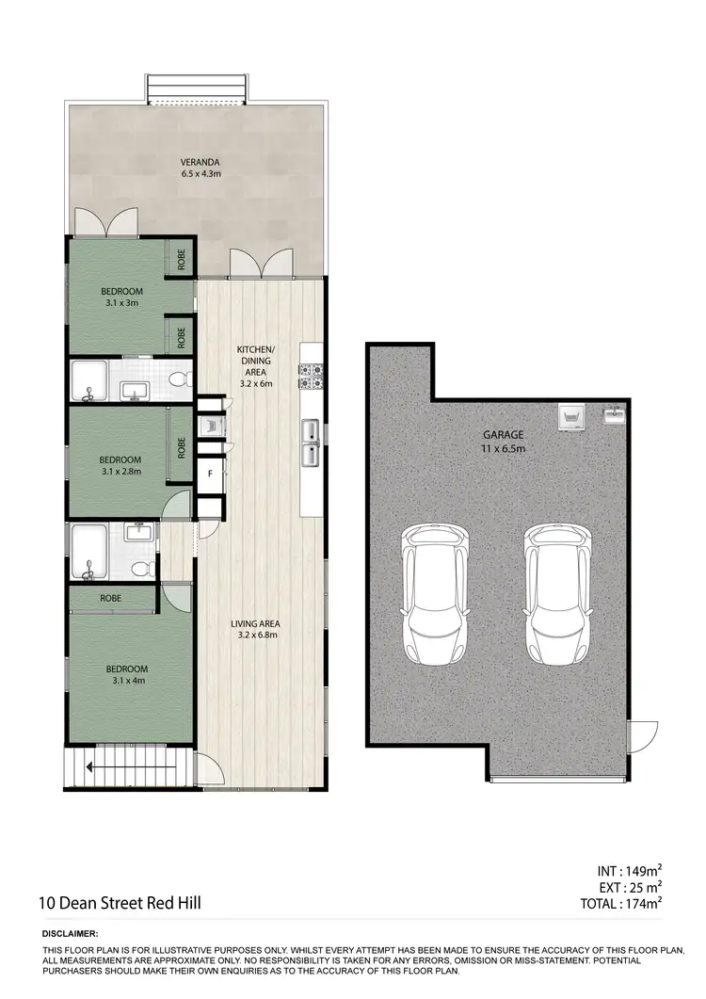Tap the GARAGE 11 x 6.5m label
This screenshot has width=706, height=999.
(504, 442)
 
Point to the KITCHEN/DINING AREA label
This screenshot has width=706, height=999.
(254, 366)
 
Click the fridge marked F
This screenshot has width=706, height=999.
(210, 474)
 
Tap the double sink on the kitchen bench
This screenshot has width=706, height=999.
(311, 443)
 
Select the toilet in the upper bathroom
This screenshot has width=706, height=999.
(178, 379)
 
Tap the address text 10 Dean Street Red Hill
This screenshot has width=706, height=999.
(120, 903)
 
